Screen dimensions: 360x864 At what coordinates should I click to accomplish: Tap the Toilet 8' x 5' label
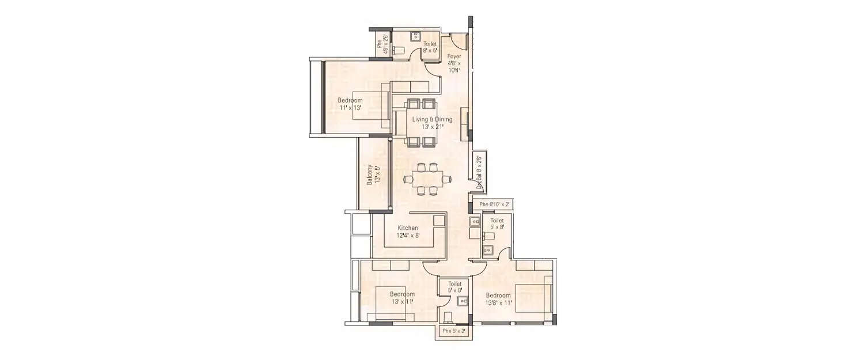click(x=430, y=47)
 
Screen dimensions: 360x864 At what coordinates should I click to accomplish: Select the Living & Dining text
click(x=432, y=120)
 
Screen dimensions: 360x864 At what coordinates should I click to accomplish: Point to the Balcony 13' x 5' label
click(x=373, y=175)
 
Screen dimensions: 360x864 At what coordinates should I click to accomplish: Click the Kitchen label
click(x=408, y=228)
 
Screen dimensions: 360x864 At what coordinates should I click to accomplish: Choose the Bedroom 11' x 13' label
click(x=350, y=104)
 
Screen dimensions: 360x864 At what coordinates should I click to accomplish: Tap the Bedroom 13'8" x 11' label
click(x=498, y=299)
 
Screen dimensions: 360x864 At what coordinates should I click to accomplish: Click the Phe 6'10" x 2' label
click(x=491, y=204)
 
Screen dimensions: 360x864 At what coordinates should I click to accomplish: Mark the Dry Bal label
click(x=479, y=171)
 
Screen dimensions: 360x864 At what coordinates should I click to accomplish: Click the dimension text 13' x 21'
click(x=432, y=127)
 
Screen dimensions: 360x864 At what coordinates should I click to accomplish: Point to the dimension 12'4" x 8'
click(x=408, y=236)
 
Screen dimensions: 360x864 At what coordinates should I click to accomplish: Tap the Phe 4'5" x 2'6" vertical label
click(x=381, y=45)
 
